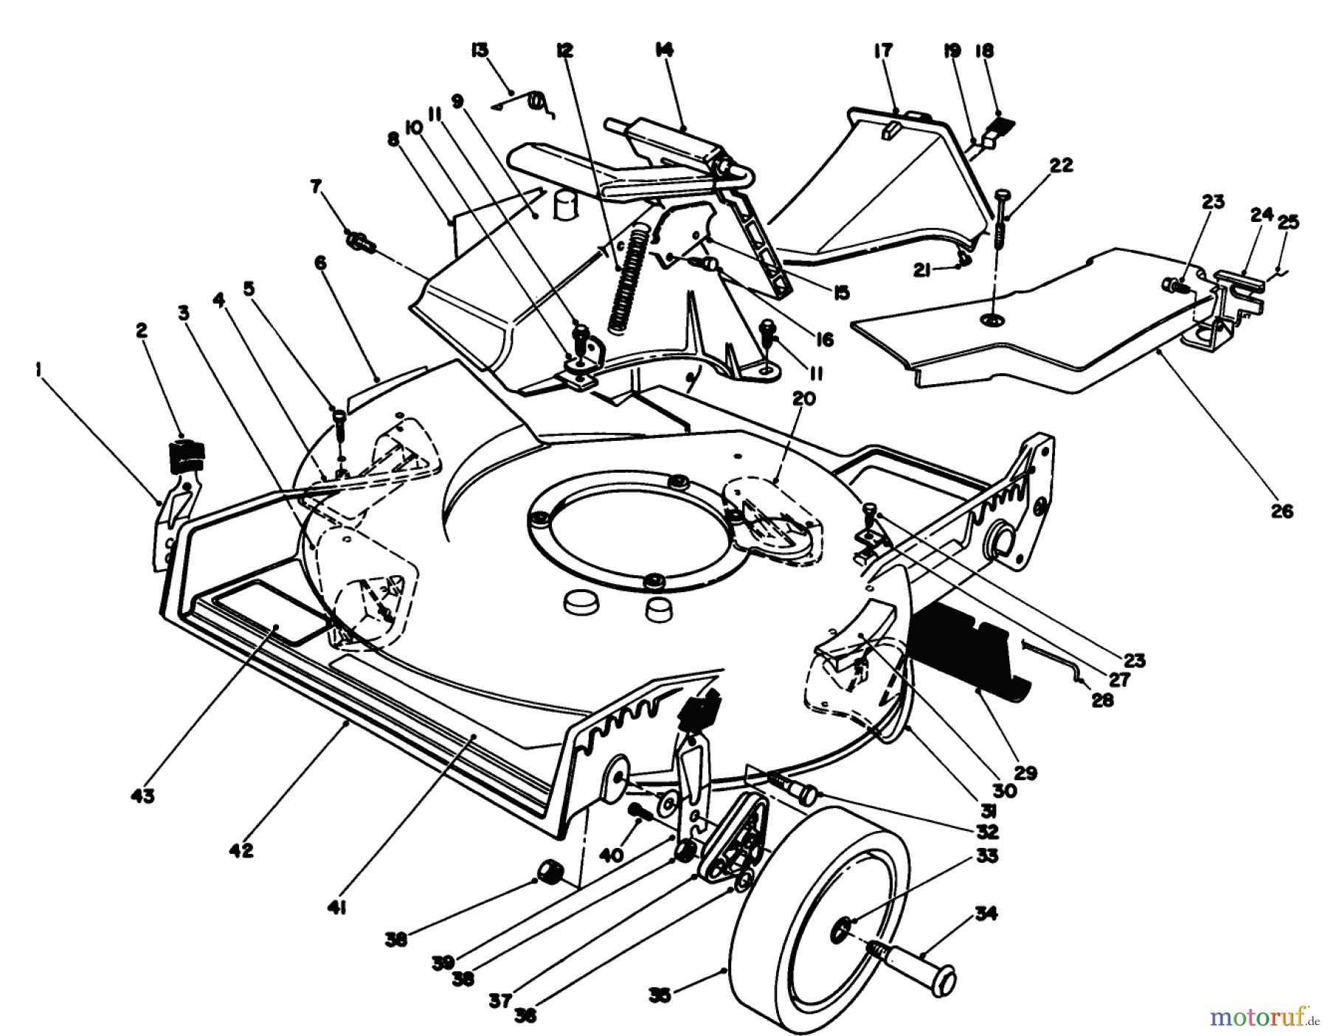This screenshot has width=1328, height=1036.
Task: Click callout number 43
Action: click(143, 796)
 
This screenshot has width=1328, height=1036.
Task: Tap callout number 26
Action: click(1282, 510)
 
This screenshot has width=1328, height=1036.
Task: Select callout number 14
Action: click(663, 50)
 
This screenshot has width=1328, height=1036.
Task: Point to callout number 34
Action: click(986, 914)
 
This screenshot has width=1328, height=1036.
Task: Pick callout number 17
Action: click(883, 50)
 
